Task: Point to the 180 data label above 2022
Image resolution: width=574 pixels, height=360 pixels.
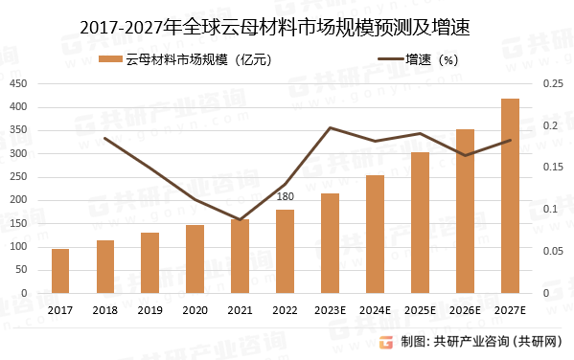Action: click(x=285, y=197)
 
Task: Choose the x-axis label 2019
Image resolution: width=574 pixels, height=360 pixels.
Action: click(x=149, y=309)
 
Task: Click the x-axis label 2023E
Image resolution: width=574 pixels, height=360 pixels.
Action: click(x=330, y=309)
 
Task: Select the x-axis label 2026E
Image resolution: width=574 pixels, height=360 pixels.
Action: click(x=465, y=309)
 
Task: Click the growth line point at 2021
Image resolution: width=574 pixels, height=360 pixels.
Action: click(x=240, y=220)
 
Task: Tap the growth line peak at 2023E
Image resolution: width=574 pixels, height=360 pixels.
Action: click(x=330, y=127)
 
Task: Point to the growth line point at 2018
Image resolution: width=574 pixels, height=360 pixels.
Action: click(x=104, y=138)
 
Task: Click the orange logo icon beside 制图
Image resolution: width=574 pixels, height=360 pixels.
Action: click(x=385, y=342)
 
